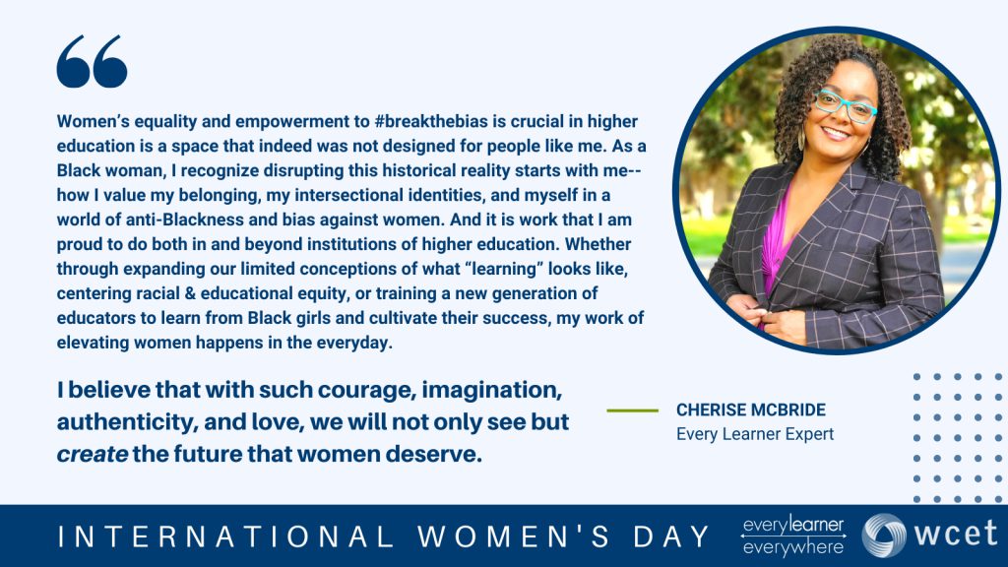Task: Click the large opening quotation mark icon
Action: click(92, 61)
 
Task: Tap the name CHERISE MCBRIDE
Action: click(750, 409)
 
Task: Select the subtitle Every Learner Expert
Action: click(754, 433)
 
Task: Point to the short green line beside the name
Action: click(632, 409)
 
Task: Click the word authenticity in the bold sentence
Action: click(113, 422)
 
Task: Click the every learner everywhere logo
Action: click(793, 535)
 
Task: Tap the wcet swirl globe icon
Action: click(884, 535)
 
